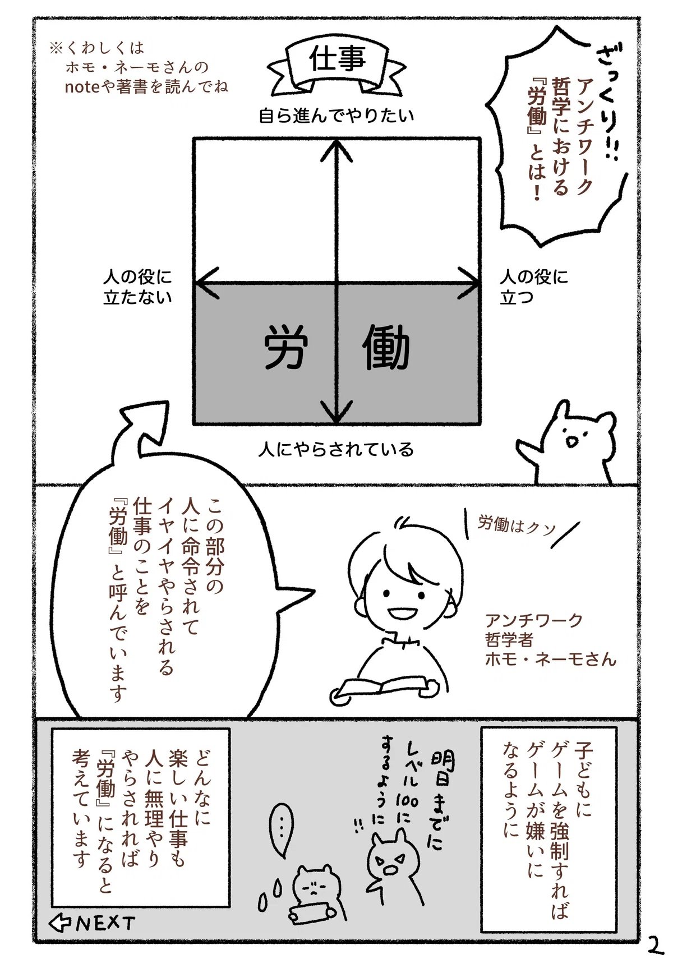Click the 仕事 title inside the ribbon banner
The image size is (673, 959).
338,59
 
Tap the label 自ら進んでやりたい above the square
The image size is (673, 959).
336,116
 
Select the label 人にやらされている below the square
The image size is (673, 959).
336,450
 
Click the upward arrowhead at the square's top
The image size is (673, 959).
337,150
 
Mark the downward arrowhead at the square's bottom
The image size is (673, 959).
337,412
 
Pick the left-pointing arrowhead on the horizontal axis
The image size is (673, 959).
207,283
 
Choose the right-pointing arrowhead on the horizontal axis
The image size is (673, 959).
468,283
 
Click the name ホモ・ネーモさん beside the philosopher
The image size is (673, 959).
551,659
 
